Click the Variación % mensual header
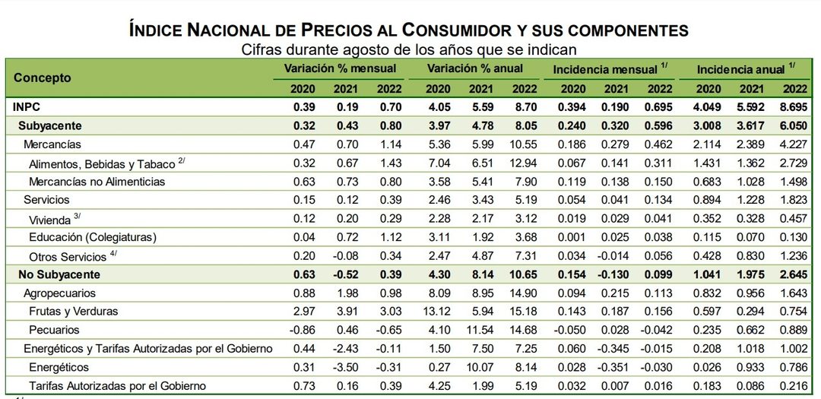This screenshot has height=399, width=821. tap(340, 68)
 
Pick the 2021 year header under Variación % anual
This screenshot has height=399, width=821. tap(480, 88)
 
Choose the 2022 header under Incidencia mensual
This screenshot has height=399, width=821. tap(660, 88)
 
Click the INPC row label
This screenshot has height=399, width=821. tap(27, 107)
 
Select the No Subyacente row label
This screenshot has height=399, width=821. tap(59, 274)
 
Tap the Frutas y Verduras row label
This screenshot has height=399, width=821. tap(73, 311)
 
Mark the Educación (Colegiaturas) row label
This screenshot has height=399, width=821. tap(93, 237)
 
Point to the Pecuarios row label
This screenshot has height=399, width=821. tap(55, 330)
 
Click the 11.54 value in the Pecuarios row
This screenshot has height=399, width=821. tap(480, 330)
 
